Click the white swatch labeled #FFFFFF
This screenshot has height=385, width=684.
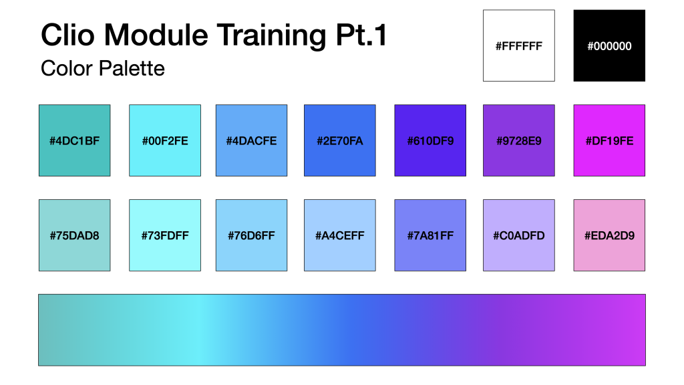(x=518, y=45)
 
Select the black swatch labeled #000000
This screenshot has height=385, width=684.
(x=609, y=45)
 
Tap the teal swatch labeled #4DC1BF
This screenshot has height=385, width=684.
(x=75, y=140)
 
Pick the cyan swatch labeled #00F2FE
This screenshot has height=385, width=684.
(x=165, y=140)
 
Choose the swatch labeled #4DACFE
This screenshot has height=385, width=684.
(x=251, y=140)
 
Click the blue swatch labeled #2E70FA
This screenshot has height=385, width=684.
(x=340, y=140)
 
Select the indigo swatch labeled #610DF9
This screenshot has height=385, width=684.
(x=430, y=140)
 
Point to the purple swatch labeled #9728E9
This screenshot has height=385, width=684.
(x=518, y=140)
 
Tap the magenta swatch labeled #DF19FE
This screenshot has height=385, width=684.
(x=609, y=140)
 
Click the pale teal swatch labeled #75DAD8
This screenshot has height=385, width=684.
(x=75, y=235)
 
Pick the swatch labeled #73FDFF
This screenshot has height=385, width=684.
(x=165, y=235)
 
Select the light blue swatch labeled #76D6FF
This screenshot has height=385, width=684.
(x=251, y=235)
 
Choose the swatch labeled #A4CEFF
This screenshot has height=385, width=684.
(x=340, y=235)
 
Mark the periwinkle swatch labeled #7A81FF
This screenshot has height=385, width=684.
(x=430, y=235)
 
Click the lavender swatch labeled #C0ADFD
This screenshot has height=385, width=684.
(x=518, y=235)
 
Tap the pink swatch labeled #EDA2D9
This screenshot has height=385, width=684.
(x=609, y=235)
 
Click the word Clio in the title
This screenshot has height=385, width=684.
(x=67, y=35)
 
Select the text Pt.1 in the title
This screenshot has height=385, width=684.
(x=361, y=35)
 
